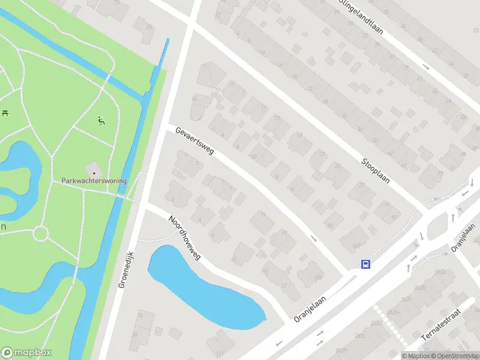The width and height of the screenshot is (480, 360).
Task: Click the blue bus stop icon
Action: (365, 264)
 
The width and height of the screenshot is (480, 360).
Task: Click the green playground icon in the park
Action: (101, 121)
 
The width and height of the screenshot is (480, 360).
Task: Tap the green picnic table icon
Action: (5, 112)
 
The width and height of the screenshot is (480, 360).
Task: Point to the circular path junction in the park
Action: (40, 233)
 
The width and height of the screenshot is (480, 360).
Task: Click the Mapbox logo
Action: (26, 353)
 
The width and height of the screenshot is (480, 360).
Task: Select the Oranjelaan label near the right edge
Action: (463, 237)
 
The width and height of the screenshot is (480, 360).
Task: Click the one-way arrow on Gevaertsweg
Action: (313, 238)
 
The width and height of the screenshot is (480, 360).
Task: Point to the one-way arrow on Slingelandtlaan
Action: (425, 67)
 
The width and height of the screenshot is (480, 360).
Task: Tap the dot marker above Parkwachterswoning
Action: (94, 173)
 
